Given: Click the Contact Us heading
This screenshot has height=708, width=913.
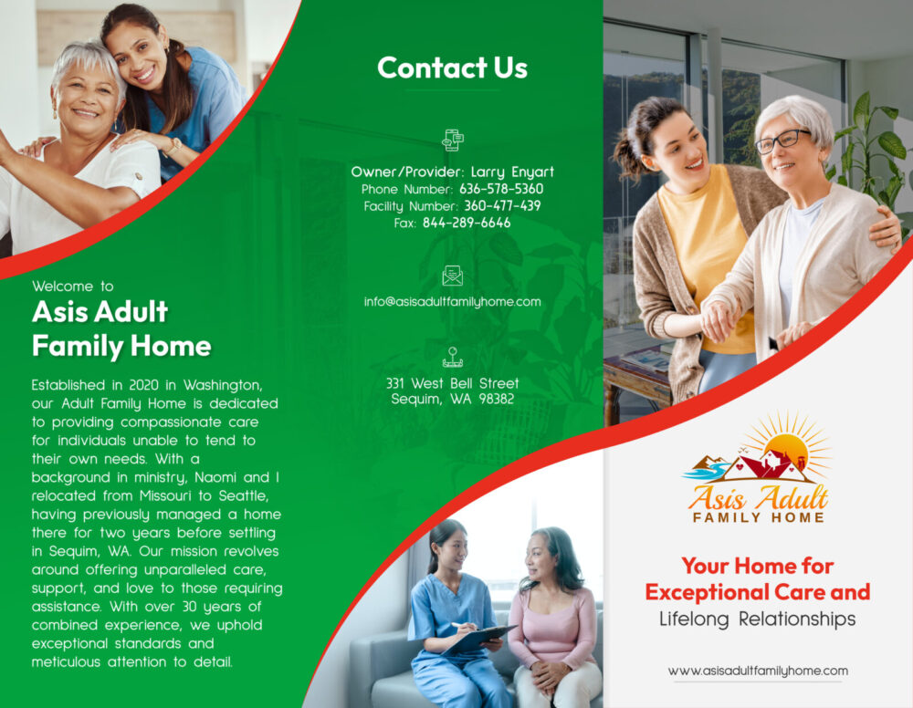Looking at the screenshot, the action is (453, 68).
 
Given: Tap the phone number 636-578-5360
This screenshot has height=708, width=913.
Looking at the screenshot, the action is (501, 189).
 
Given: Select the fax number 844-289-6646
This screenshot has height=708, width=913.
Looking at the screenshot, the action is (467, 223).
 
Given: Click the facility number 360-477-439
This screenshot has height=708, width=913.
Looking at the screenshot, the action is (502, 206).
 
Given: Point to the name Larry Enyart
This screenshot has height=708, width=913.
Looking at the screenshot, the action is (512, 172).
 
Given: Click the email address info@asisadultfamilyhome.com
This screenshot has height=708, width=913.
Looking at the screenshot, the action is (453, 301).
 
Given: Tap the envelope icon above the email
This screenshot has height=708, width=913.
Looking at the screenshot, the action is (453, 276).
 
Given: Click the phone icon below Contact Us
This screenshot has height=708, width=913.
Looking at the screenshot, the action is (453, 141).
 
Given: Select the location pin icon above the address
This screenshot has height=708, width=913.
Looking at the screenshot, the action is (453, 358).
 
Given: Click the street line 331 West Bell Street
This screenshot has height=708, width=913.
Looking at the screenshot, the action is (453, 383).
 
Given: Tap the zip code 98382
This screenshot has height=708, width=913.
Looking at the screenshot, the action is (496, 399).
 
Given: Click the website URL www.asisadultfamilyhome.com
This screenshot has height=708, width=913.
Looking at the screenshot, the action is (758, 671).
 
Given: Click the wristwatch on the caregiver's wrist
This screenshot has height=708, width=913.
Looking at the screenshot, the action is (173, 145).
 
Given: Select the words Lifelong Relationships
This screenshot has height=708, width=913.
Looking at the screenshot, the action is (758, 619).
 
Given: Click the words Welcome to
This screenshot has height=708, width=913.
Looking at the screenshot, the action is (73, 286).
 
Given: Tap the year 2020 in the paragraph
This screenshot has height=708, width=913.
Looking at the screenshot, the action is (144, 385).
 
